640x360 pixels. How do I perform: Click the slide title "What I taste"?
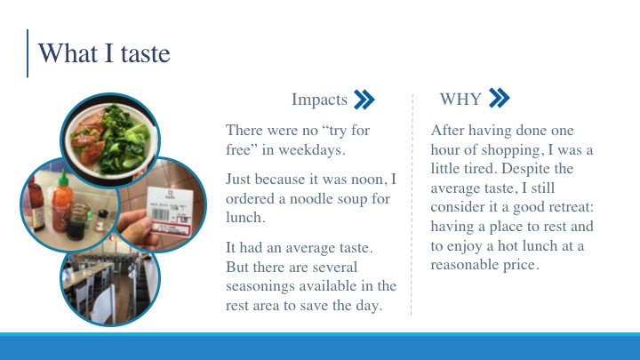coord(104,53)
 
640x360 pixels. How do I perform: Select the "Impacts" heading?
coord(319,100)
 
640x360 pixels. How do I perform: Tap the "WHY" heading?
coord(460,100)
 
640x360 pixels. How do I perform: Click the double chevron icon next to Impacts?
coord(364,100)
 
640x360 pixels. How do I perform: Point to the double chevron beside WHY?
coord(499,98)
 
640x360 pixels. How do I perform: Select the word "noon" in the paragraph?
coord(368,180)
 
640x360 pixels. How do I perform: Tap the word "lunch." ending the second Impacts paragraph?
coord(245,218)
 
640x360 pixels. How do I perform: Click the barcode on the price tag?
coord(160,215)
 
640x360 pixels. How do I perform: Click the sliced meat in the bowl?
coord(88,137)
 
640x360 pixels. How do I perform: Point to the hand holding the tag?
coord(137,228)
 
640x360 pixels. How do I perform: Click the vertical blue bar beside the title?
coord(28,53)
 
